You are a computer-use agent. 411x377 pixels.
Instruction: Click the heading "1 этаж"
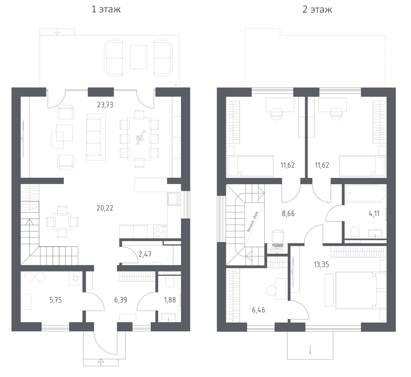(106, 9)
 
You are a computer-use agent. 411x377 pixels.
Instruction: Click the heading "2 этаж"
(317, 9)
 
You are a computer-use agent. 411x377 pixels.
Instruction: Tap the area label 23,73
(105, 105)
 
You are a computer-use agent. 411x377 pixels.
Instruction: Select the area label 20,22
(105, 208)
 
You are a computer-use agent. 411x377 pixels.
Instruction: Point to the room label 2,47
(145, 254)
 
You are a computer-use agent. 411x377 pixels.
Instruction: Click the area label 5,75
(56, 300)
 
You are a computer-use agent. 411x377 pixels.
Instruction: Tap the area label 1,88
(170, 300)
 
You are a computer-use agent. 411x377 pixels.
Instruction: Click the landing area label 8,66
(288, 213)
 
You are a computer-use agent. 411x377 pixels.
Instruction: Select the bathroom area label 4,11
(374, 213)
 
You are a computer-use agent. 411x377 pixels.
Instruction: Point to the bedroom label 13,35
(321, 264)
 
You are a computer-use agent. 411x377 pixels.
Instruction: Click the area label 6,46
(259, 310)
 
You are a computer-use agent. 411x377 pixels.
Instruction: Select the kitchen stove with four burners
(160, 231)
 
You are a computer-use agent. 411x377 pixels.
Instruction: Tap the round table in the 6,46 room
(272, 291)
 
